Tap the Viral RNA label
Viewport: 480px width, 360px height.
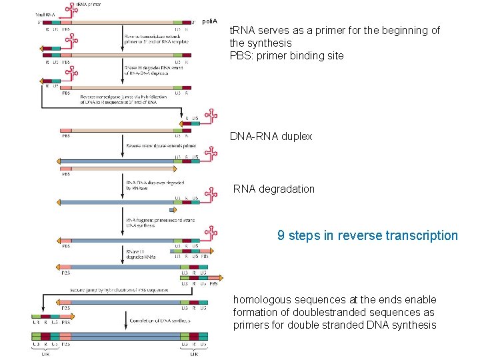(45, 13)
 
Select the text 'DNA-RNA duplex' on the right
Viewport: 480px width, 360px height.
(271, 136)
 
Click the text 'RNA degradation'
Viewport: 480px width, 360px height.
(273, 189)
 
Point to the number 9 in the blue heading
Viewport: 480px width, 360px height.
(281, 235)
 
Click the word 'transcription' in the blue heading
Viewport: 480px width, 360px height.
(423, 235)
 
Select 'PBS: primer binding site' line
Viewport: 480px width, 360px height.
(287, 55)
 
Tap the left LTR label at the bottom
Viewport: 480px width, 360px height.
(45, 354)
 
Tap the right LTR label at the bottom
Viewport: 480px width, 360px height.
(193, 354)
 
